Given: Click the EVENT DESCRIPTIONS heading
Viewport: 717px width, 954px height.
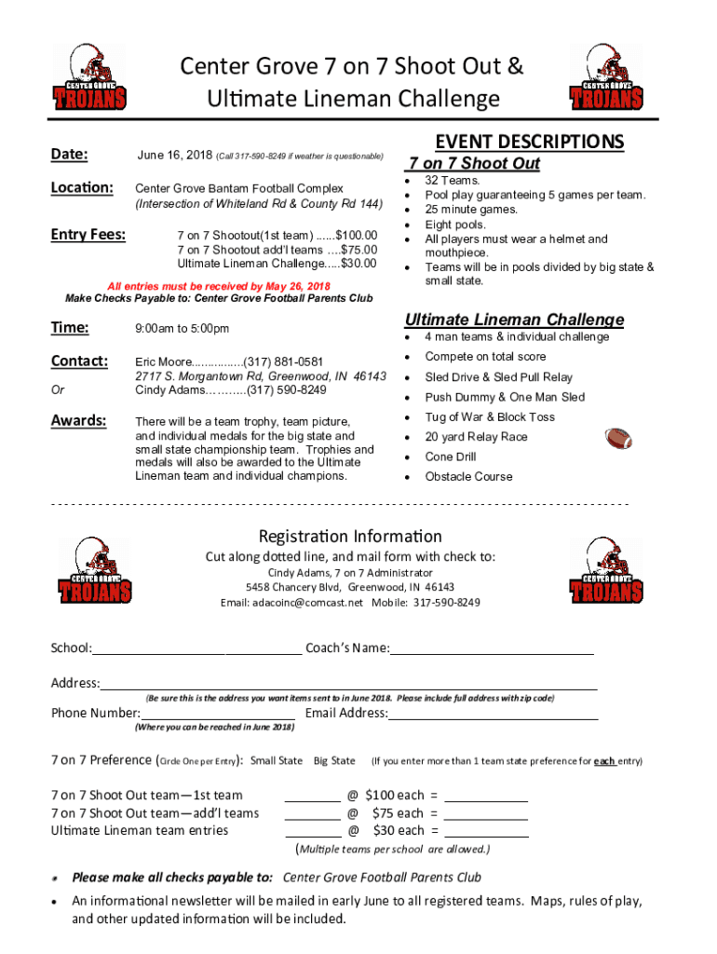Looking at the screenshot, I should (x=530, y=142).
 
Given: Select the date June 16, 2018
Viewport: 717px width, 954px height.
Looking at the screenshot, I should (x=174, y=155).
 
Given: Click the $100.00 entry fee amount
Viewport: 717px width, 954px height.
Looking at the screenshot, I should (x=356, y=235).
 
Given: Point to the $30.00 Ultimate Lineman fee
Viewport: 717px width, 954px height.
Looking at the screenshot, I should (x=358, y=263).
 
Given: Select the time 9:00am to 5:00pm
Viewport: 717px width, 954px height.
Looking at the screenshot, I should (x=183, y=328).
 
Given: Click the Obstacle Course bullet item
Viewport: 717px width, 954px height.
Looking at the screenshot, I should (x=468, y=476).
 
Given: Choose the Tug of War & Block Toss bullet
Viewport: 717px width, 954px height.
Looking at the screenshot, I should (x=490, y=416).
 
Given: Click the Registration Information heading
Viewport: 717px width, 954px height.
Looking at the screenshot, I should (x=350, y=537).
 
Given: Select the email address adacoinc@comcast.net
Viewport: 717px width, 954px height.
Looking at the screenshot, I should (x=291, y=602).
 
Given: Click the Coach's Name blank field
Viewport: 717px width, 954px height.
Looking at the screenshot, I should (x=492, y=648).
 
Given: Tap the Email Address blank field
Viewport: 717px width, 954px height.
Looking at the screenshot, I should (x=493, y=714).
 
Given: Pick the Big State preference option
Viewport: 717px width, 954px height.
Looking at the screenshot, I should (x=334, y=760).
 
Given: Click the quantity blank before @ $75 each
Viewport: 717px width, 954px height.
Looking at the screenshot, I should (x=313, y=813).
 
